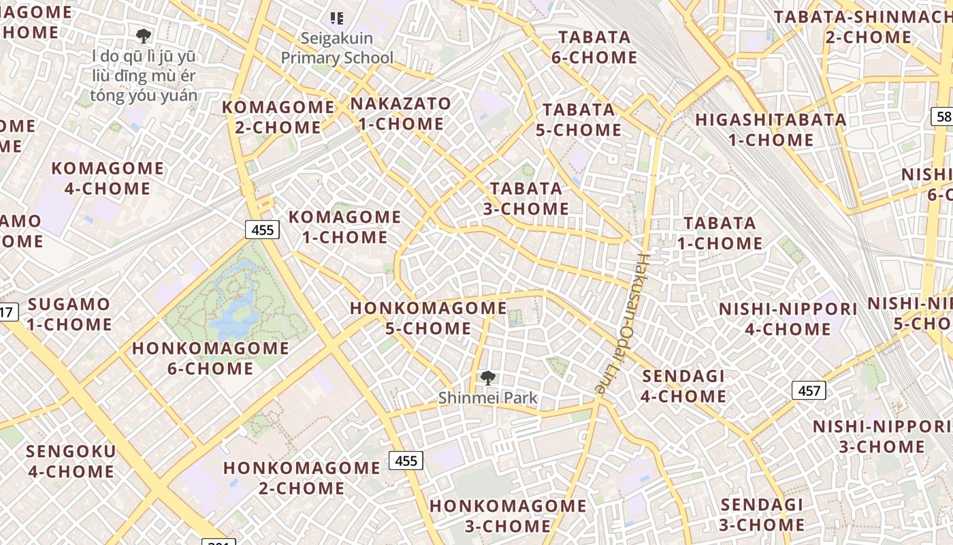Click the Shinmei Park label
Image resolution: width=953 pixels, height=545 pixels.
click(487, 397)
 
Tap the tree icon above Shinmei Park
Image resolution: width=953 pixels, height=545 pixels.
click(487, 377)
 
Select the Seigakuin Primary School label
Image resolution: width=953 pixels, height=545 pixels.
click(337, 48)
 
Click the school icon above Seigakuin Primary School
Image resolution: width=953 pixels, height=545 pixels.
click(336, 18)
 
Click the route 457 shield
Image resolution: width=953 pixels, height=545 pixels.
click(809, 390)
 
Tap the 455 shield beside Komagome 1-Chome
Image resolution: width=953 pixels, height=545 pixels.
click(263, 230)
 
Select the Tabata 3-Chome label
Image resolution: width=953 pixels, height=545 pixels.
click(526, 198)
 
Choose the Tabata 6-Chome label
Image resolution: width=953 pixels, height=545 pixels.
click(594, 47)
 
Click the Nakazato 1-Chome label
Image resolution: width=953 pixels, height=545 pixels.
click(401, 114)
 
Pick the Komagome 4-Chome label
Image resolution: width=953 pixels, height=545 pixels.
click(108, 178)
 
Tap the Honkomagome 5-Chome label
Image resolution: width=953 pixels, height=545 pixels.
click(428, 318)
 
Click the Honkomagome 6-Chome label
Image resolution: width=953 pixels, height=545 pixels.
click(210, 358)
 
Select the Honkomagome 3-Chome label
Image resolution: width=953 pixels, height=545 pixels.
click(508, 516)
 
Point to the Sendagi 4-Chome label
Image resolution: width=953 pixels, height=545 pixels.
click(683, 386)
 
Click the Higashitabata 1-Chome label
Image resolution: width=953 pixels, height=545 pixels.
click(771, 129)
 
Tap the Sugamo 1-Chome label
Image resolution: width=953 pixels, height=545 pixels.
click(69, 314)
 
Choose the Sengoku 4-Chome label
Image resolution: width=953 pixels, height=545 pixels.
click(71, 461)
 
